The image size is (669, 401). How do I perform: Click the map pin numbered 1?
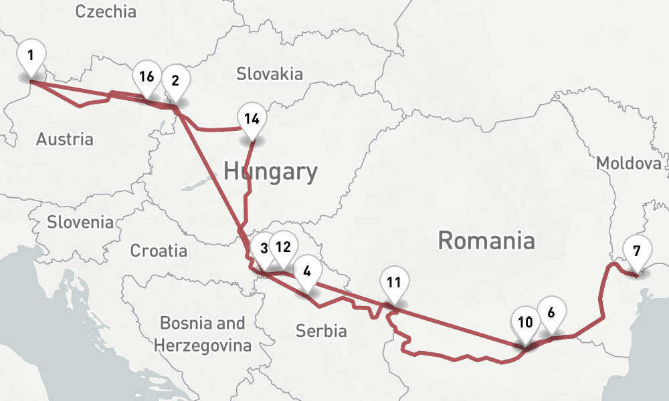tap(31, 55)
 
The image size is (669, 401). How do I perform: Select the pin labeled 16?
tap(147, 77)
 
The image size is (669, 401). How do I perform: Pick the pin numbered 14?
tap(252, 120)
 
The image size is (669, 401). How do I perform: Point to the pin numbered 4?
tap(307, 272)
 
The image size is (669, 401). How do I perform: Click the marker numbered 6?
tap(551, 312)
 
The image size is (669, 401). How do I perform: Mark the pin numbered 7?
tap(636, 252)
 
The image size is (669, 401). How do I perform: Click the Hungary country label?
tap(270, 172)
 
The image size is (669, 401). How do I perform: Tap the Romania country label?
tap(486, 240)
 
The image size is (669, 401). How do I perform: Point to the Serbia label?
tap(321, 331)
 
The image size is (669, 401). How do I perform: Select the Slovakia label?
tap(269, 74)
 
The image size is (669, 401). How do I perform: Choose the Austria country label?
tap(64, 140)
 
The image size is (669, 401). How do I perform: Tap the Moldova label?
tap(628, 164)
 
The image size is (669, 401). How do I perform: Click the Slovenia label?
tap(80, 223)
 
